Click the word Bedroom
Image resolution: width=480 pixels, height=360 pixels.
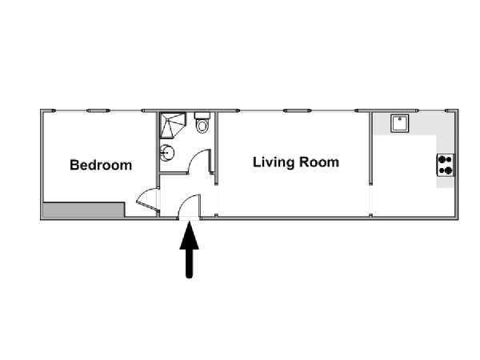point(101,165)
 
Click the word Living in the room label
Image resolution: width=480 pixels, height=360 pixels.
point(274,162)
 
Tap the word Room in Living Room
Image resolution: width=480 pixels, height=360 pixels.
point(319,162)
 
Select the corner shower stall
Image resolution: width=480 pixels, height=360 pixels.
point(173,126)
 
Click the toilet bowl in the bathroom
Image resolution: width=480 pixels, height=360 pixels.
point(202,126)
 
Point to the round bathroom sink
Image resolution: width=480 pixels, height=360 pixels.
point(167,153)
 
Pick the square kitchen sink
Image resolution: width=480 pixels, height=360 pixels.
point(399,123)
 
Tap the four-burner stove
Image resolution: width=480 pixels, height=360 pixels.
point(445,165)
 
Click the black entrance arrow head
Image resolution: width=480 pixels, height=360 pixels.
point(189,236)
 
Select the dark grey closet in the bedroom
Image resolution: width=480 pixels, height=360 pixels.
point(83,210)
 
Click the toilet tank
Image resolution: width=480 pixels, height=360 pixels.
point(202,116)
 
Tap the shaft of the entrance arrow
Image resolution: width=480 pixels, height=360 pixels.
point(189,263)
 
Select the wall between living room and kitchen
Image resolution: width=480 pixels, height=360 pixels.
point(370,149)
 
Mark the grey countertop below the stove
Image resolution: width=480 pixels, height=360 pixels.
point(445,182)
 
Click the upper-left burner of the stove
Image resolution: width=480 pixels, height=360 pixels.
point(442,159)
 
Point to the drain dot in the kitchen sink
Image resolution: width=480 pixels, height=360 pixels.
point(399,118)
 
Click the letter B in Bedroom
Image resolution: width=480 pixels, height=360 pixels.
point(74,165)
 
